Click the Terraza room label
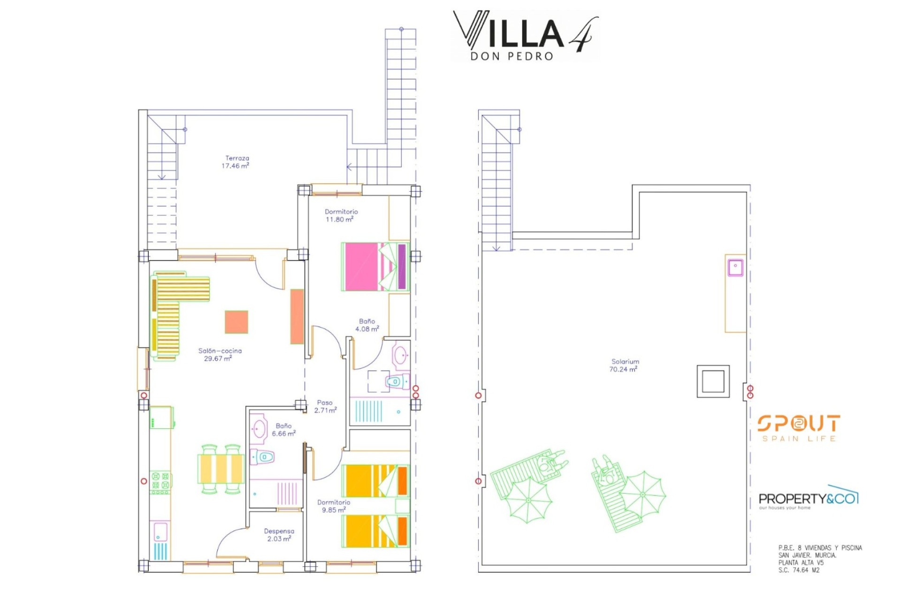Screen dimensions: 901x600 tap(237, 158)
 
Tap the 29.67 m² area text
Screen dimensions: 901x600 tap(218, 359)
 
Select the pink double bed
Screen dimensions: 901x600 tap(375, 267)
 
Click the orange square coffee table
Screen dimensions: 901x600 tap(236, 322)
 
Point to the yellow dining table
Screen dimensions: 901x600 tap(221, 468)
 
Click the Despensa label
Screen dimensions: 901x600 tap(279, 531)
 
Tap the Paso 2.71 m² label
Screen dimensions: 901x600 tap(325, 406)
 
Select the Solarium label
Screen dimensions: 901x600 tap(625, 361)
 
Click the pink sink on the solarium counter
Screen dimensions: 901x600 tap(735, 268)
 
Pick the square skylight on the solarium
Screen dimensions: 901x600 tap(713, 381)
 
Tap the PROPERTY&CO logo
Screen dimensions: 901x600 tap(809, 498)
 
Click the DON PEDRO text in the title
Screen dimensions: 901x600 tap(512, 56)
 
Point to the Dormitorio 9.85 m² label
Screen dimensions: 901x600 tap(334, 506)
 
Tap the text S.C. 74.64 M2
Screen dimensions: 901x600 tap(799, 570)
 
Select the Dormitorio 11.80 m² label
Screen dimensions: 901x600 tap(341, 216)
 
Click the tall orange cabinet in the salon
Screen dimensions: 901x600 tap(297, 316)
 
